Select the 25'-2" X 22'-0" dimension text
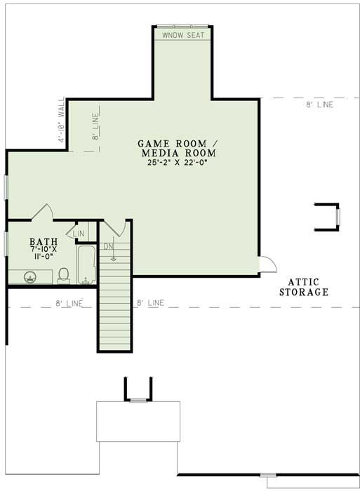178,162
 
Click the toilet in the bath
63,275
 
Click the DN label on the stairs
109,246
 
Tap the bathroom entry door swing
44,211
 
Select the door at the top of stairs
119,227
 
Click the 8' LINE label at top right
320,105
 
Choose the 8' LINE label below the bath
69,303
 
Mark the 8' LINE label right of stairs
150,303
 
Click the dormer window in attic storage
337,217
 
